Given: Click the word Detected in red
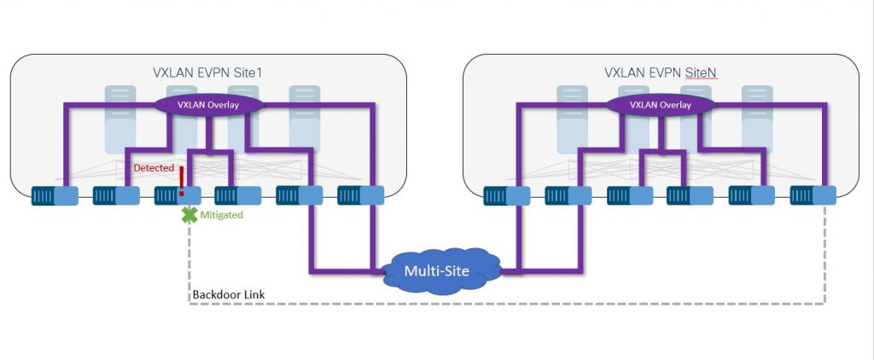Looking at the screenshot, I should (x=154, y=168).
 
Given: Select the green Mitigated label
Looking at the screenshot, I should (x=221, y=216).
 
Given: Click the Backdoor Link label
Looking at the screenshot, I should (x=228, y=294).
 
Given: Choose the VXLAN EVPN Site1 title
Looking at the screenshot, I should (x=207, y=73).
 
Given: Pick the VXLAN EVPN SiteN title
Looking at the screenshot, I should (x=659, y=73).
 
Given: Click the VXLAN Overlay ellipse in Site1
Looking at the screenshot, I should (x=207, y=105).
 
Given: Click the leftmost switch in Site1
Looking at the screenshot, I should (x=55, y=197).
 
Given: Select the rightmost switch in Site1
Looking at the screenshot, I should (x=360, y=196).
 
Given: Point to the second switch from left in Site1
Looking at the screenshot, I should (x=115, y=197).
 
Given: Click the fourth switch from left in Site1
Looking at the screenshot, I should (x=237, y=197).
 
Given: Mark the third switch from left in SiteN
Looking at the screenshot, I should (x=629, y=197).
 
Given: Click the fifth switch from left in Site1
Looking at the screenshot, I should (x=299, y=197).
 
